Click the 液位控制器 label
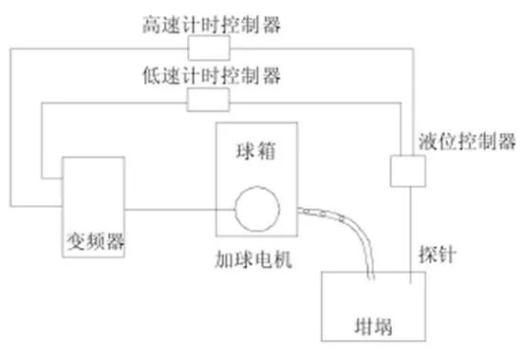click(x=466, y=142)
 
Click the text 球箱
click(x=254, y=149)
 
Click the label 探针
click(x=435, y=256)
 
